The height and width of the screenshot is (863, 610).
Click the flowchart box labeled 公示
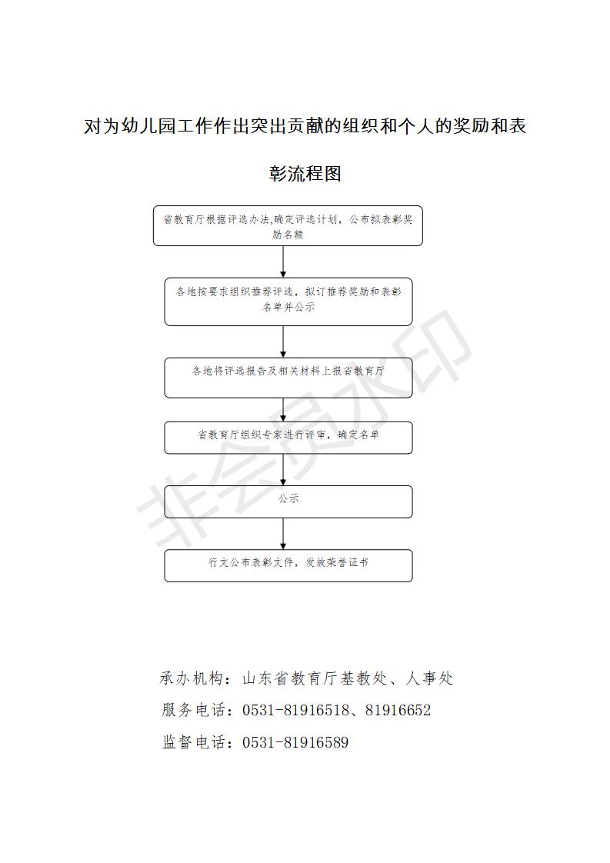point(288,501)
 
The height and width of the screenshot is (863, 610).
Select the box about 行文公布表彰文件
point(288,565)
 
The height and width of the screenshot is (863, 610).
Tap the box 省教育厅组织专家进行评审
point(288,438)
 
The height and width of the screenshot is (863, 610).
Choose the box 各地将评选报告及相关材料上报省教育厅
point(288,378)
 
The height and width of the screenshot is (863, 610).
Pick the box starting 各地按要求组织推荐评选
point(288,302)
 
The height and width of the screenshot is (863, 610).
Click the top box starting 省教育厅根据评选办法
point(288,225)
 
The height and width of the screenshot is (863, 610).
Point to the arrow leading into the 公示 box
point(284,469)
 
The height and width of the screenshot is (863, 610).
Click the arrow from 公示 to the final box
point(284,533)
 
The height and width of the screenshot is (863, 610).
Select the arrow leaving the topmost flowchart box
point(284,262)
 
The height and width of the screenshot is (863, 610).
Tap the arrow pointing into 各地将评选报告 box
point(284,342)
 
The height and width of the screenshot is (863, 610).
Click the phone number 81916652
point(398,710)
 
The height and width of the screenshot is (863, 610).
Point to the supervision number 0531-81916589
point(295,742)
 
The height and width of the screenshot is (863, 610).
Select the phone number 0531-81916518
point(295,710)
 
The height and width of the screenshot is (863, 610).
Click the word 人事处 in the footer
point(429,678)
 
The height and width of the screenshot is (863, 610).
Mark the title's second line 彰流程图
point(305,173)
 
